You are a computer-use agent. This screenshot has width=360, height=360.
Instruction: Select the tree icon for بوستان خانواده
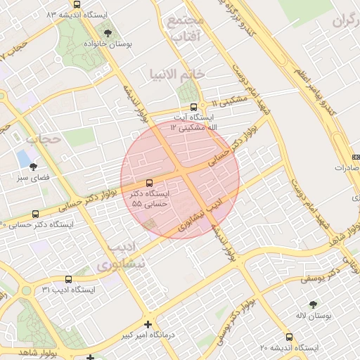click(108, 32)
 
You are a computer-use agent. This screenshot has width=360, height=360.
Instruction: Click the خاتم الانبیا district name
click(177, 72)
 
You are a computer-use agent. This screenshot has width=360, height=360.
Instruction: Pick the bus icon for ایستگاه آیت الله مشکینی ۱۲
click(194, 107)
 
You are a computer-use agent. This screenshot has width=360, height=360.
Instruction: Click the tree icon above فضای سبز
click(32, 167)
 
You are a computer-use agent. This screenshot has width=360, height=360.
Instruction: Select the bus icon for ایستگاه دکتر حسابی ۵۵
click(148, 182)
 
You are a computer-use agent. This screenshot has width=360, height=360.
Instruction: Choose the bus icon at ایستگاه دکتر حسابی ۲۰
click(35, 214)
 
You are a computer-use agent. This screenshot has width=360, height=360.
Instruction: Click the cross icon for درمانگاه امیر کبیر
click(148, 324)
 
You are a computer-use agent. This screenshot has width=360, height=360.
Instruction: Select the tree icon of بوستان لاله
click(313, 304)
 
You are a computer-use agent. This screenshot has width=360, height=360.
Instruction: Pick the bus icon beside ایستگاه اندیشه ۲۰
click(289, 337)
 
